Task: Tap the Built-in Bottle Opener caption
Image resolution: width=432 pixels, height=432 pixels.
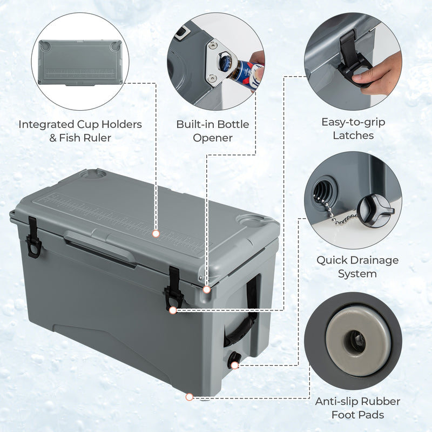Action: pyautogui.click(x=212, y=131)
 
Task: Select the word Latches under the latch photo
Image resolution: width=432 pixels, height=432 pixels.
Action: pyautogui.click(x=354, y=136)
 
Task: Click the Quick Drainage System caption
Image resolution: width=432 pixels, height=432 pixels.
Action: pyautogui.click(x=357, y=267)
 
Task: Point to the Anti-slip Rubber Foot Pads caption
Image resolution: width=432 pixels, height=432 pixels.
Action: pyautogui.click(x=357, y=408)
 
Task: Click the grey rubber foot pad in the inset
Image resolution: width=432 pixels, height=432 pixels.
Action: pyautogui.click(x=354, y=335)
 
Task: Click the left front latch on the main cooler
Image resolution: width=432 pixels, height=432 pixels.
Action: pyautogui.click(x=33, y=237)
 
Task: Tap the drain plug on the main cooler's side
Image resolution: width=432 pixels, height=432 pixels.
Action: pyautogui.click(x=233, y=360)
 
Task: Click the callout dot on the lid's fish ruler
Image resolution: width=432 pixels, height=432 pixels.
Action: pyautogui.click(x=156, y=234)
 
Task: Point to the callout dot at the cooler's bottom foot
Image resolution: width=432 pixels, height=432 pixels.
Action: pyautogui.click(x=189, y=397)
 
